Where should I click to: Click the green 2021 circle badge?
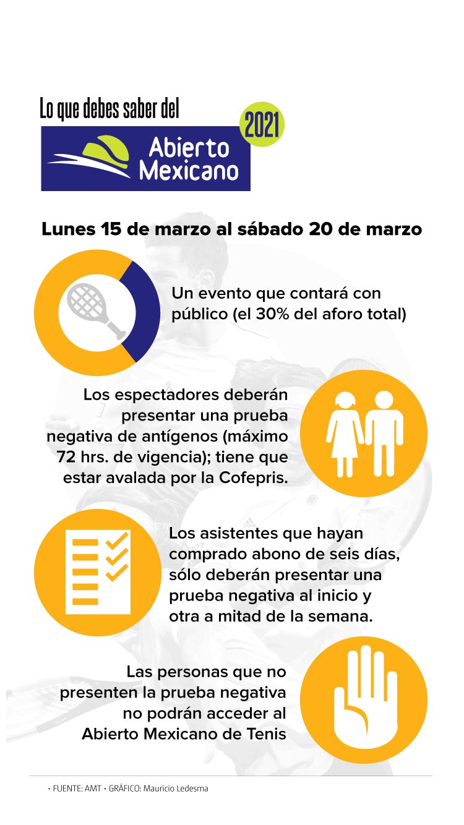[x=261, y=124]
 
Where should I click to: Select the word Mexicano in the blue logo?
[x=189, y=169]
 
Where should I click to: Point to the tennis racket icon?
[x=93, y=309]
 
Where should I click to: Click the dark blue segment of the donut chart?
[x=144, y=309]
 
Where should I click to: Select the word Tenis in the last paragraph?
[x=265, y=734]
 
